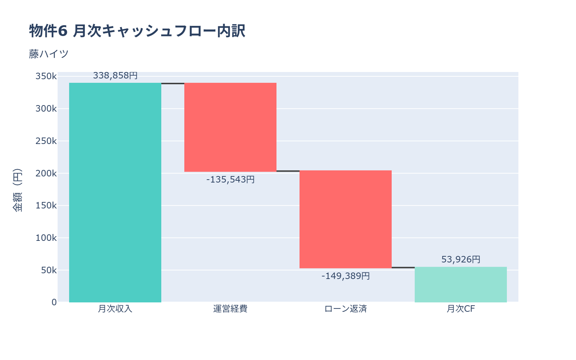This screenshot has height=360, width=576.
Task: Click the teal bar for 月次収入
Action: [115, 193]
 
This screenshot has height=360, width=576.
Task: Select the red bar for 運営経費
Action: [230, 127]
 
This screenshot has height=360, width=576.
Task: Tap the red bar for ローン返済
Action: [346, 219]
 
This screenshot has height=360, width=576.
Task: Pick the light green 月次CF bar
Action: [461, 284]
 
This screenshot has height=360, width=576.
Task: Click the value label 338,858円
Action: [115, 76]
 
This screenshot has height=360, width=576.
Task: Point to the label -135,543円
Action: [230, 179]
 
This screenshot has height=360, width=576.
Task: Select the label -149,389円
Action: [346, 276]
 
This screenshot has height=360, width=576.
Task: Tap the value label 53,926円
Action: [461, 260]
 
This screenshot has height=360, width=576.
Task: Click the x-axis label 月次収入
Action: [115, 309]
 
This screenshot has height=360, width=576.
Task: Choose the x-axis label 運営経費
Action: [230, 309]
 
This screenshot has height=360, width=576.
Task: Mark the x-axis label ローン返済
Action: [346, 309]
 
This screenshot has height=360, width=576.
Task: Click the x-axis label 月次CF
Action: [461, 309]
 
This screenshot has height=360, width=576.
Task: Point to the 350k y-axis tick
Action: [46, 76]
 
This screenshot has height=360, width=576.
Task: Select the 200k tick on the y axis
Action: [46, 173]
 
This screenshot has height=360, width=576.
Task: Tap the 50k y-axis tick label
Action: [49, 270]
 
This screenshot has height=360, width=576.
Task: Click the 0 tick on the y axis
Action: [54, 302]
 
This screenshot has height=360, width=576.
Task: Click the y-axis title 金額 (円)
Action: [17, 190]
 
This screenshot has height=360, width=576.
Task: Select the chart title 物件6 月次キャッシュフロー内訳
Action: [137, 31]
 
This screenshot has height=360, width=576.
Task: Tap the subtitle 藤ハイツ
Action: [49, 54]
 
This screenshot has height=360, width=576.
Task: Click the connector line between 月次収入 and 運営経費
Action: [173, 84]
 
